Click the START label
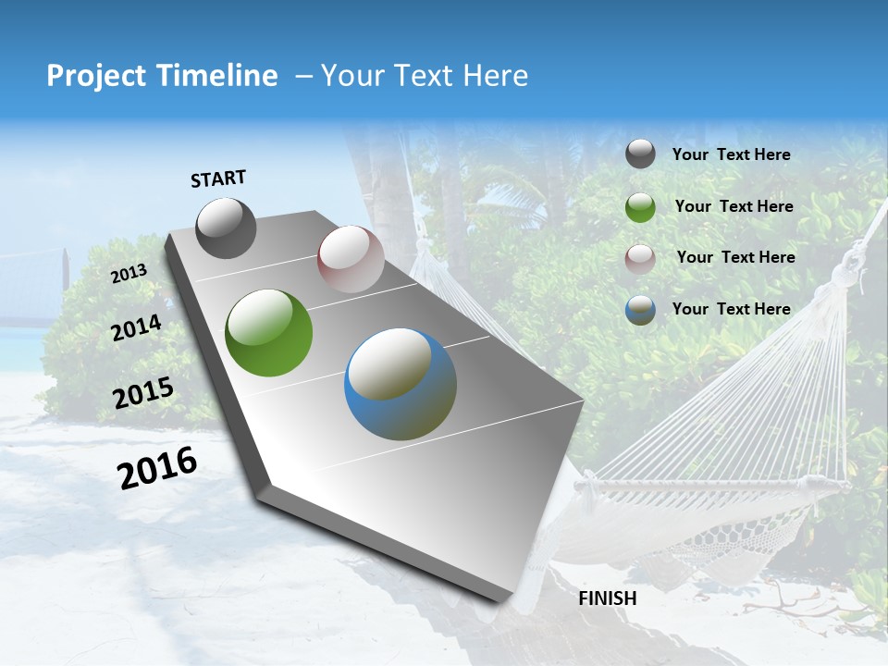point(218,179)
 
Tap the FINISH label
point(607,598)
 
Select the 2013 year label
point(129,274)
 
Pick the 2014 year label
point(137,327)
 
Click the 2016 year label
point(157,468)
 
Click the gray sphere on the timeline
point(227,228)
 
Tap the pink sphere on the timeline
point(351,259)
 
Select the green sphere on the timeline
point(269,333)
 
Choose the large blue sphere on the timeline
point(401,384)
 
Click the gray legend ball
point(640,154)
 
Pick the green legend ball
point(640,207)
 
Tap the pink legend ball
point(640,259)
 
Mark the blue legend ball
point(640,311)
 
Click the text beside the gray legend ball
point(731,154)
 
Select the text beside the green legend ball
point(734,206)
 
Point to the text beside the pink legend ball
point(735,257)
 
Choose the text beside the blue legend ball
point(731,309)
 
